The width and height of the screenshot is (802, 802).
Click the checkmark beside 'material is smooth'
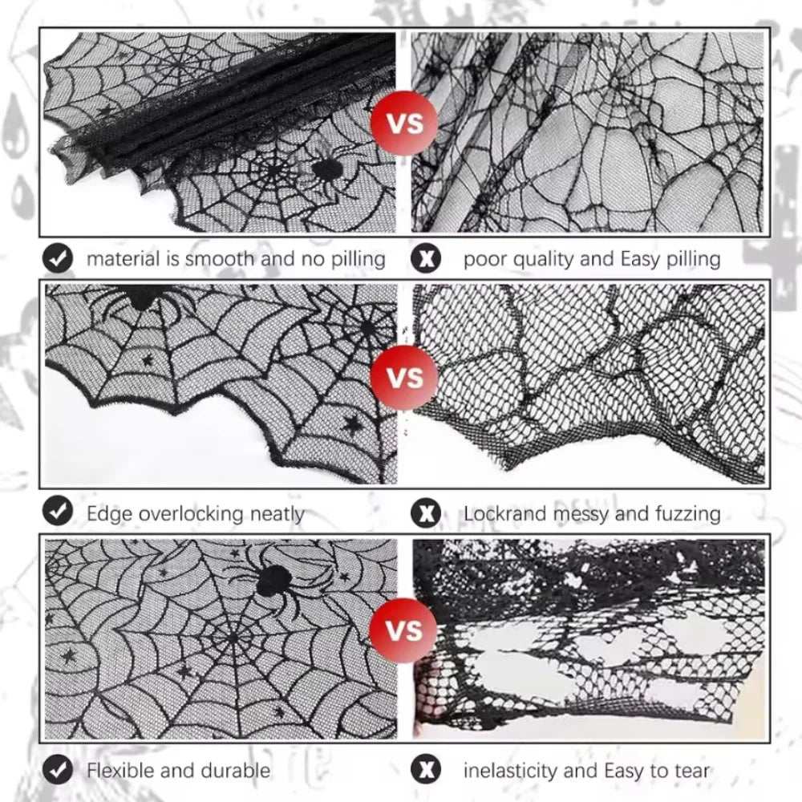[x=57, y=258]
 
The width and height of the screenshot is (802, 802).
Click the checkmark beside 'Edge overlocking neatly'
[x=57, y=512]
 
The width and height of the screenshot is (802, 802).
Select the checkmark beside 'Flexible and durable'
[x=57, y=770]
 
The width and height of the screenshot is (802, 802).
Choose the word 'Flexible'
[x=121, y=770]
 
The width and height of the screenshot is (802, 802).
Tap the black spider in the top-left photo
[x=326, y=170]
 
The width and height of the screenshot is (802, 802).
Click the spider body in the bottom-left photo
[x=274, y=580]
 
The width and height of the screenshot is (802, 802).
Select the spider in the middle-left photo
[x=141, y=298]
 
